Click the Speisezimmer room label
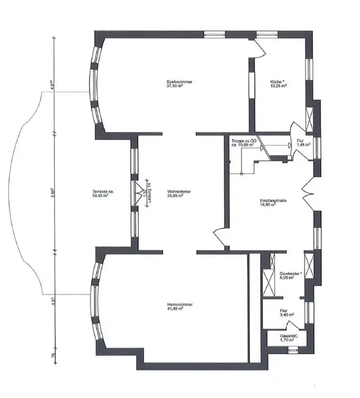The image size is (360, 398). point(180,82)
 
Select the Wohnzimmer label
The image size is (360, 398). point(176,191)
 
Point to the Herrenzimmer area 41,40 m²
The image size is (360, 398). point(175,308)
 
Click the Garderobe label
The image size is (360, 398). point(290,273)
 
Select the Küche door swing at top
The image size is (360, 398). point(261,46)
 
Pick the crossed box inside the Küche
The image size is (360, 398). point(309,118)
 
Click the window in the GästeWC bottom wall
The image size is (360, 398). point(293,350)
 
